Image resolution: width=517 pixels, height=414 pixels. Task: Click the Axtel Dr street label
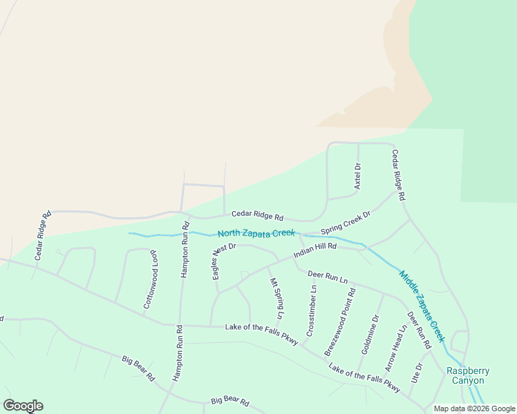click(358, 176)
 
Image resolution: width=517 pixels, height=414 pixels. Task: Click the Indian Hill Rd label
click(314, 250)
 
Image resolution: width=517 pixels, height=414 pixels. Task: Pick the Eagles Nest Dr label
click(225, 261)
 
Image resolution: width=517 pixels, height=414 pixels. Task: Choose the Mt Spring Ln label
click(276, 298)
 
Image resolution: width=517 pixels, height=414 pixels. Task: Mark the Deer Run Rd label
click(419, 330)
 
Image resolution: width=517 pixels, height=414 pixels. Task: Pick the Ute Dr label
click(416, 374)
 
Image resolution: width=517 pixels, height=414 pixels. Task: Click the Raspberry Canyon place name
click(469, 375)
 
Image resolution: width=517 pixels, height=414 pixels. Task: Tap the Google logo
click(23, 406)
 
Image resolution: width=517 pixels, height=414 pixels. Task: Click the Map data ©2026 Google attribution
click(475, 408)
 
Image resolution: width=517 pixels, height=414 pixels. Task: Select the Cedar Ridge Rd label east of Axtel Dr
click(398, 175)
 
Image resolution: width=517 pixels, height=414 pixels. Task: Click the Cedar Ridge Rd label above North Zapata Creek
click(257, 215)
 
